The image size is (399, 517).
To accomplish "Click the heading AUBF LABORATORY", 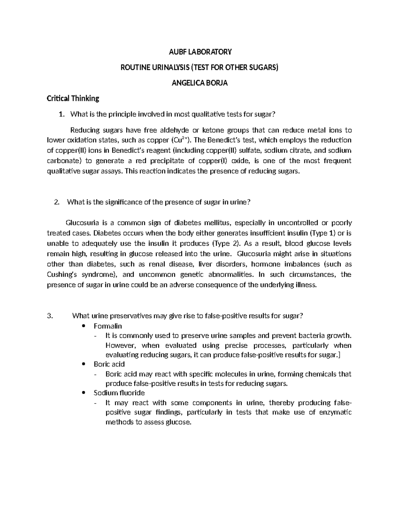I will pos(199,52).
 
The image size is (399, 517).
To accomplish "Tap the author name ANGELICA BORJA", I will pos(199,83).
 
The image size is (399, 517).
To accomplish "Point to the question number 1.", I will pos(60,115).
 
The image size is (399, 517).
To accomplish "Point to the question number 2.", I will pos(56,202).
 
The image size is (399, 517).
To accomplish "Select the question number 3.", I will pos(50,316).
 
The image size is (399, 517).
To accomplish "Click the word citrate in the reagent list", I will pos(300,150).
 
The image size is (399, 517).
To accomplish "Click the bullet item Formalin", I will pos(108,326).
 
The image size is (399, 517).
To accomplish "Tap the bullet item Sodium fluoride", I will pos(119,393).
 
